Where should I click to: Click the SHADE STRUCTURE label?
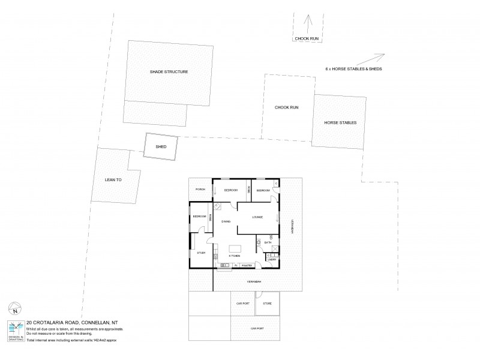point(169,72)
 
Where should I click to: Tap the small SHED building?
point(161,146)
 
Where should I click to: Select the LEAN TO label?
point(113,179)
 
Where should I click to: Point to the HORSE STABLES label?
point(340,122)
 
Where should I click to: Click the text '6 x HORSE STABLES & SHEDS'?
point(353,69)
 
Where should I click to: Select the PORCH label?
point(200,190)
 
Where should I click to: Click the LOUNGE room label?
point(258,217)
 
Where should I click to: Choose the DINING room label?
point(226,221)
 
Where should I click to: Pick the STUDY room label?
point(201,253)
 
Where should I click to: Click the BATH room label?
point(268,242)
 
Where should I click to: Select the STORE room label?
point(267,304)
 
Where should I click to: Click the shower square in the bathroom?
point(274,248)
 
